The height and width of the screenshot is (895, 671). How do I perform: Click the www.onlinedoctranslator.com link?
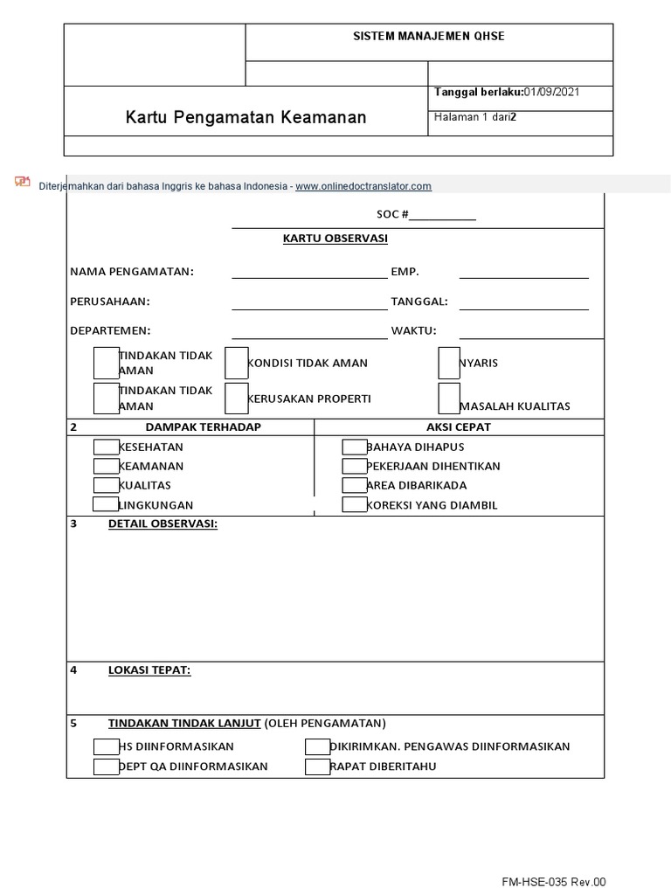[363, 186]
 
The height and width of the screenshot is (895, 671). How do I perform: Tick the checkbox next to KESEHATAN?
[106, 447]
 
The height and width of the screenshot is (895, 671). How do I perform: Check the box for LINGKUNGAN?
[106, 504]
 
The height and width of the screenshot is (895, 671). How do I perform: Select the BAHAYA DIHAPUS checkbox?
[355, 447]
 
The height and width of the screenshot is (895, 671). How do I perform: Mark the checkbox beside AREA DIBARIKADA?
[355, 485]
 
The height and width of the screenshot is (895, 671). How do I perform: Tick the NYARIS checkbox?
[449, 363]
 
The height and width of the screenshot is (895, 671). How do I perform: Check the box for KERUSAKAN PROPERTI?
[237, 399]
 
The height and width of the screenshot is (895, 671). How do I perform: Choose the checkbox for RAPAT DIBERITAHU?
[317, 767]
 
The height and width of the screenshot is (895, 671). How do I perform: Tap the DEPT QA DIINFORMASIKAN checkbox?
[106, 767]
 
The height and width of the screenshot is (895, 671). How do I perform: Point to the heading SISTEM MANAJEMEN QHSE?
[428, 37]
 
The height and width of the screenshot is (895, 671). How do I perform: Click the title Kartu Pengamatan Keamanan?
[246, 117]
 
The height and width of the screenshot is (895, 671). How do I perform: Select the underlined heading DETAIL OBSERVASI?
[163, 524]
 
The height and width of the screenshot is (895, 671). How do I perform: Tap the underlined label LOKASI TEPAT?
[149, 670]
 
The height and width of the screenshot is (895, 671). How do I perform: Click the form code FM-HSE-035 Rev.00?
[553, 883]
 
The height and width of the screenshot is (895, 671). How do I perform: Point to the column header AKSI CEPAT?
[458, 427]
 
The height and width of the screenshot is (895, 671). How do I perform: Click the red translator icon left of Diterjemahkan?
[23, 182]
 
